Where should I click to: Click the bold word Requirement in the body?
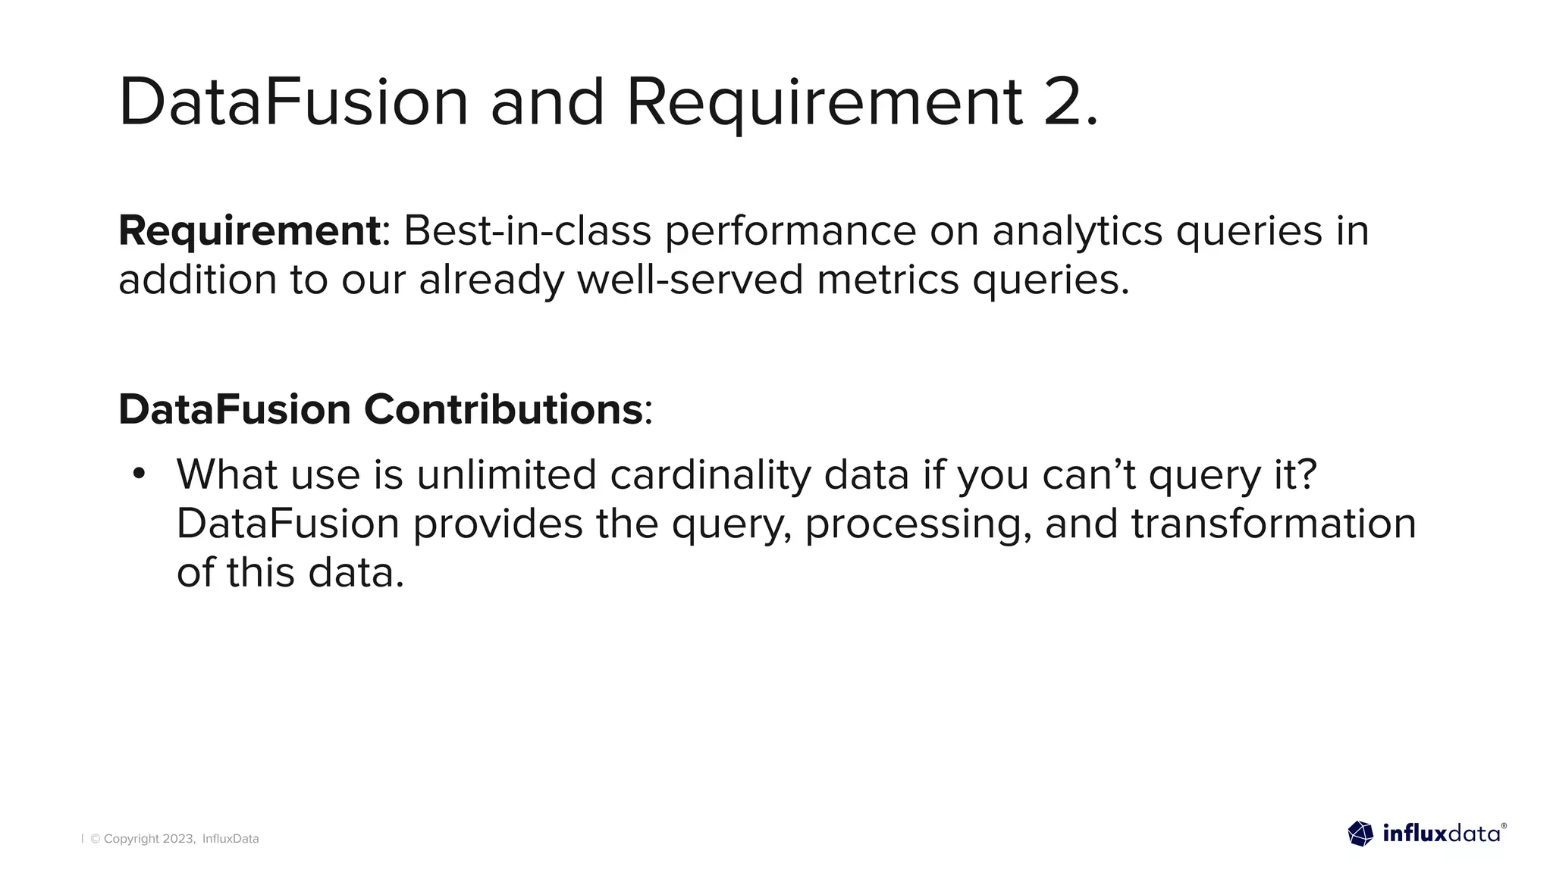click(x=249, y=230)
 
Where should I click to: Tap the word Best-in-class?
click(x=527, y=230)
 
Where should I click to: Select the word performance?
click(x=790, y=232)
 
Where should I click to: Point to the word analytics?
click(x=1077, y=232)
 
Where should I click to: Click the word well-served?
click(x=690, y=280)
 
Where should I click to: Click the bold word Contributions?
click(x=504, y=410)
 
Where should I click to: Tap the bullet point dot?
click(x=138, y=474)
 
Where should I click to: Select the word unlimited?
click(x=507, y=475)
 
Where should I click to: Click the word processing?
click(x=918, y=524)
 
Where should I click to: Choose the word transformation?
click(x=1273, y=524)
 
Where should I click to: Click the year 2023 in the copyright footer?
click(x=178, y=839)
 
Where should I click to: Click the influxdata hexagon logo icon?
click(x=1360, y=834)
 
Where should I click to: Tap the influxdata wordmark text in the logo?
click(x=1440, y=834)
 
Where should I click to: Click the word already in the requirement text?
click(x=491, y=280)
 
